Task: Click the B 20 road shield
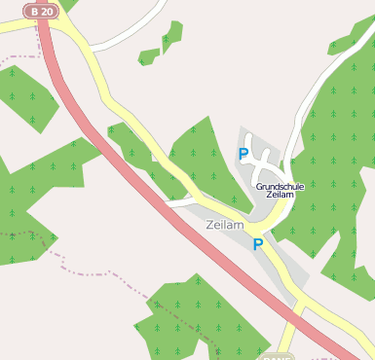click(x=42, y=10)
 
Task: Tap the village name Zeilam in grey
click(x=225, y=225)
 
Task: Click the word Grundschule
click(x=281, y=185)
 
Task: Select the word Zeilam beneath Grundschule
click(x=281, y=195)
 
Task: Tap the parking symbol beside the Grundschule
click(x=244, y=154)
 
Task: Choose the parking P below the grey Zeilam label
click(x=257, y=245)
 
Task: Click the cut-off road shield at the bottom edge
click(x=278, y=355)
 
